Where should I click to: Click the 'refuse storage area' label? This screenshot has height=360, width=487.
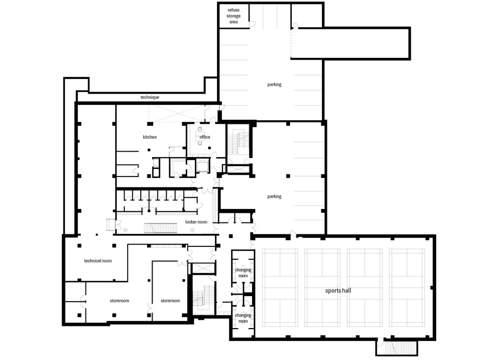[233, 16]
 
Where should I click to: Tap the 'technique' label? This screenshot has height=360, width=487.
[150, 97]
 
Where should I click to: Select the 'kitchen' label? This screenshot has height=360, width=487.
[150, 137]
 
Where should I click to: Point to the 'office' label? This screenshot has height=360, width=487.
[205, 137]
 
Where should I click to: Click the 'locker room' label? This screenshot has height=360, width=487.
[196, 222]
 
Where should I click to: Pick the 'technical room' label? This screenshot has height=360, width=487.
[98, 261]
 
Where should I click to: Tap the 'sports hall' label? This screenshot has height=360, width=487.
[338, 291]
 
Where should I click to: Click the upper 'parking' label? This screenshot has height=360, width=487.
[274, 84]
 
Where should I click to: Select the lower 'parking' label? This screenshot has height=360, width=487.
[274, 197]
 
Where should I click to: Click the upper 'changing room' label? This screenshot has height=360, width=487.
[243, 273]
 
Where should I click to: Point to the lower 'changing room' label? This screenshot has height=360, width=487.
[243, 318]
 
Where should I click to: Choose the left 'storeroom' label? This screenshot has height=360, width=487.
[119, 300]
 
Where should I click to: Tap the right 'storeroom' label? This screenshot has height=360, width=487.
[170, 300]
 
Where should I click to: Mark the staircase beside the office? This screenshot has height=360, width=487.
[239, 143]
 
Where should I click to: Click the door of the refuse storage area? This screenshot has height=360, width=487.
[252, 24]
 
